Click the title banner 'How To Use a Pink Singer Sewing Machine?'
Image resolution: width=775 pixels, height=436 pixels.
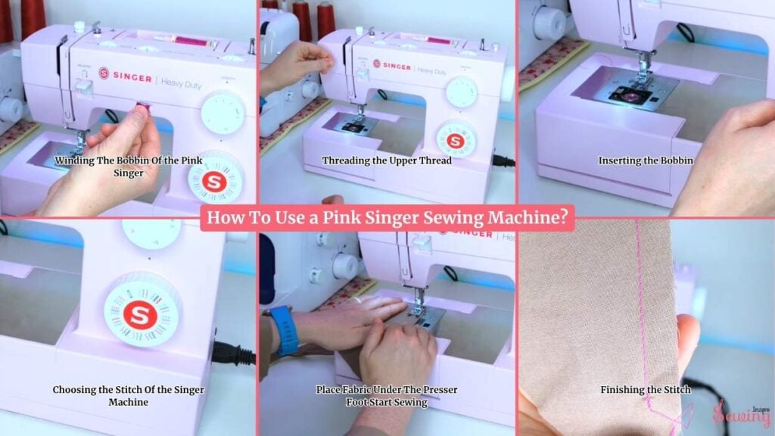[x=387, y=218]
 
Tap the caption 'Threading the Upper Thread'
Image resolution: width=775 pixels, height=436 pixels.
[x=387, y=160]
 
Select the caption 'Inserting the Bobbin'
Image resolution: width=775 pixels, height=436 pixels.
[x=646, y=160]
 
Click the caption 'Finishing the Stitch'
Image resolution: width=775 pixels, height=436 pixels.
[x=646, y=390]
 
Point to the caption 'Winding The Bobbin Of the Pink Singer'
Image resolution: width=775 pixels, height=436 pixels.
[x=129, y=167]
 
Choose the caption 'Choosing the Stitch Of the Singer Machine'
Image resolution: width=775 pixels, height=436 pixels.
[x=129, y=395]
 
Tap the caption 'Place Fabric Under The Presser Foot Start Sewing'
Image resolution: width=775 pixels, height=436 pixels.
[x=387, y=395]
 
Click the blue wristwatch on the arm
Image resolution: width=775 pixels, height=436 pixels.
[x=283, y=330]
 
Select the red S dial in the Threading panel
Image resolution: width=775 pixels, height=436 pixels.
[x=455, y=140]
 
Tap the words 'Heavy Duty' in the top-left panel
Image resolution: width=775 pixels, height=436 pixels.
[x=181, y=83]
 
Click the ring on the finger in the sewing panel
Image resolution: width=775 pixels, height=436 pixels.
[x=358, y=300]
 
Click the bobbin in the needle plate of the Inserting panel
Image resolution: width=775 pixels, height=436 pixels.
[x=630, y=95]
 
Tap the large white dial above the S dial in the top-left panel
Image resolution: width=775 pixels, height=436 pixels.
[x=223, y=113]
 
